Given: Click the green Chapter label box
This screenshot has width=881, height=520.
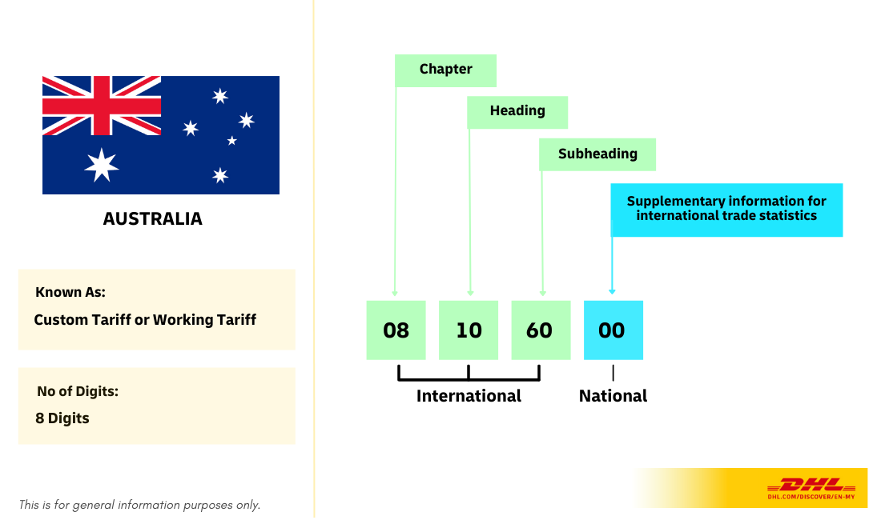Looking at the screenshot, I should [x=445, y=70].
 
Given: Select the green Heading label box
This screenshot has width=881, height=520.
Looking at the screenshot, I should [x=517, y=112].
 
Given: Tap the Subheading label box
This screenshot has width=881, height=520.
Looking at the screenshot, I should [x=597, y=154].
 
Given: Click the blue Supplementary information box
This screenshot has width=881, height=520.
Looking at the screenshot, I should [x=726, y=209].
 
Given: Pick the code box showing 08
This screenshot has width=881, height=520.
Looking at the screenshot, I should [x=396, y=330].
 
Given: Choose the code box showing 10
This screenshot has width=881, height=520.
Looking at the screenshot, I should [x=469, y=330].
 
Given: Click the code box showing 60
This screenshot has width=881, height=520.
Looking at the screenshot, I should [x=541, y=330].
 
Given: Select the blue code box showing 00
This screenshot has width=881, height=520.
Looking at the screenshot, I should [x=613, y=330].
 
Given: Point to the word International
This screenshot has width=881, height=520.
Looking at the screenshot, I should [x=469, y=396].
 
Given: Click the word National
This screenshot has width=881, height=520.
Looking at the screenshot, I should [x=613, y=396].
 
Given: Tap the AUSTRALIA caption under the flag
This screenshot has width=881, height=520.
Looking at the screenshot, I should [x=152, y=218].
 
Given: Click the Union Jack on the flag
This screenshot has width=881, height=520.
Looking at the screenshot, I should [x=102, y=106].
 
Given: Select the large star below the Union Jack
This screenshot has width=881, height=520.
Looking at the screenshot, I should [x=102, y=165].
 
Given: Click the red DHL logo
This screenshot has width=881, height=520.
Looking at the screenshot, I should [x=811, y=485].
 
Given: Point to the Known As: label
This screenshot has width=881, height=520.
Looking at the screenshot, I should [x=70, y=292].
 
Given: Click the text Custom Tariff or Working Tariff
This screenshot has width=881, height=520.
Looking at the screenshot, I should [x=145, y=320].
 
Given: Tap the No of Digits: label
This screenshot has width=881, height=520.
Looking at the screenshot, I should [x=78, y=391].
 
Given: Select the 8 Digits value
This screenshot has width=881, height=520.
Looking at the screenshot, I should [x=62, y=418].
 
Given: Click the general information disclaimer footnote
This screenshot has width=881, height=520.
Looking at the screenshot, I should [x=140, y=505].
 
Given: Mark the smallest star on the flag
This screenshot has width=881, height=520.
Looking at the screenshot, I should [x=232, y=141].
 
